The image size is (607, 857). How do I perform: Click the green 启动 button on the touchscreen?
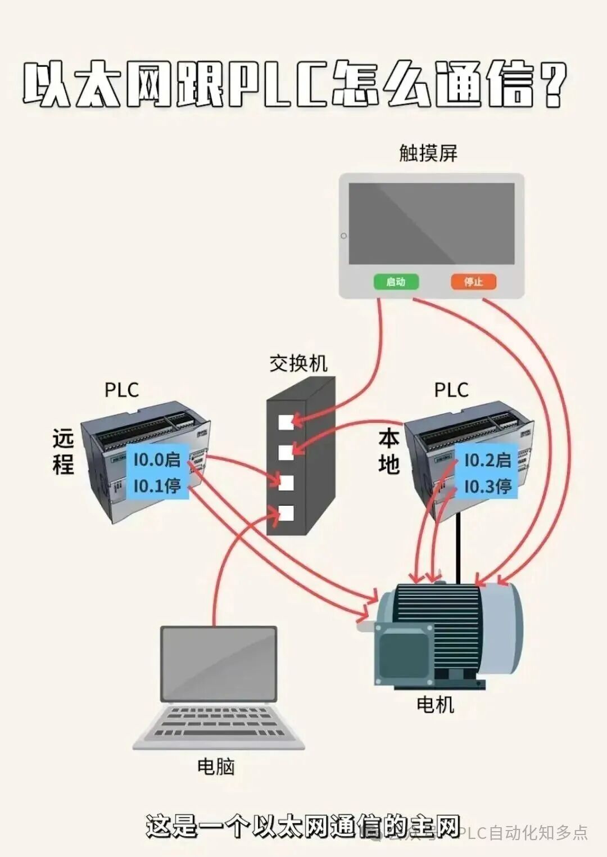[x=396, y=281]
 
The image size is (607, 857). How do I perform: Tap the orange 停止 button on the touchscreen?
[x=473, y=281]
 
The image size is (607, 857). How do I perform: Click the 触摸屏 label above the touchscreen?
[x=428, y=153]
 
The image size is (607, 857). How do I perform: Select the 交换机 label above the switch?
[x=298, y=363]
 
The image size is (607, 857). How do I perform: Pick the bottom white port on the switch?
[x=286, y=513]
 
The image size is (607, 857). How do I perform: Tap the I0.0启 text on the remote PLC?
[x=157, y=459]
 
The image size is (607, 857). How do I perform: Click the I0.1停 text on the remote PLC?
[x=157, y=485]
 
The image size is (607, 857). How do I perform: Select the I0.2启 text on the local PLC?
[x=487, y=460]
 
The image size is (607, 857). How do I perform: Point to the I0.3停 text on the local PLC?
[x=487, y=486]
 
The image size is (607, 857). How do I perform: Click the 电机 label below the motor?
[x=435, y=704]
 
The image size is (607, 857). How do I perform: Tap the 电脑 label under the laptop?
[x=216, y=766]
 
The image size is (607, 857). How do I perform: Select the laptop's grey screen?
[x=219, y=664]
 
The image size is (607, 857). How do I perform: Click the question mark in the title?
[x=554, y=85]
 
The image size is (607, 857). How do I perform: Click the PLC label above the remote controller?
[x=121, y=390]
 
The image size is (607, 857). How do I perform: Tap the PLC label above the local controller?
[x=451, y=390]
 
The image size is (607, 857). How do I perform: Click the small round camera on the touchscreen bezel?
[x=343, y=236]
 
